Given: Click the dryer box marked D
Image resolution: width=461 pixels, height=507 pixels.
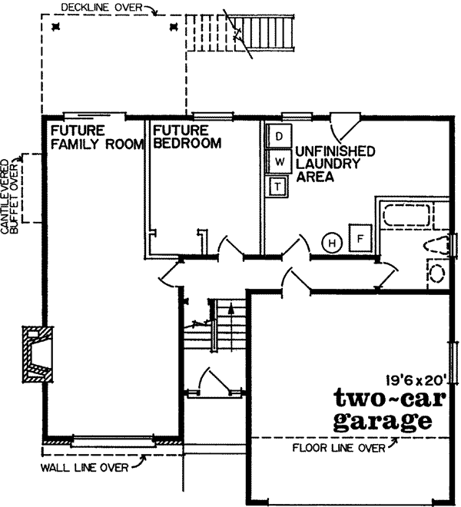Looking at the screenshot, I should click(x=280, y=137).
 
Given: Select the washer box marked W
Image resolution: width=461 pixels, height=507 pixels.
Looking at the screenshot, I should click(x=280, y=161).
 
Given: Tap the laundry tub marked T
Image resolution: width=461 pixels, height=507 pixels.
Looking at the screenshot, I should click(x=277, y=185).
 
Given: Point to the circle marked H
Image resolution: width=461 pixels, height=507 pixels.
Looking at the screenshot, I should click(x=332, y=243).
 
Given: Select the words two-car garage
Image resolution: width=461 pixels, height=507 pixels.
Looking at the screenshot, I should click(x=381, y=409).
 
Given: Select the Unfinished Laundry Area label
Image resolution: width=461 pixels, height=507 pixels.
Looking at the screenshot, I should click(x=328, y=164).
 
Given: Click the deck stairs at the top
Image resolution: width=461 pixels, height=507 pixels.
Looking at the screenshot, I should click(x=264, y=32).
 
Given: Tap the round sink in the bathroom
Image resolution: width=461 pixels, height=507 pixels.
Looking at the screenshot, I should click(x=438, y=273).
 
